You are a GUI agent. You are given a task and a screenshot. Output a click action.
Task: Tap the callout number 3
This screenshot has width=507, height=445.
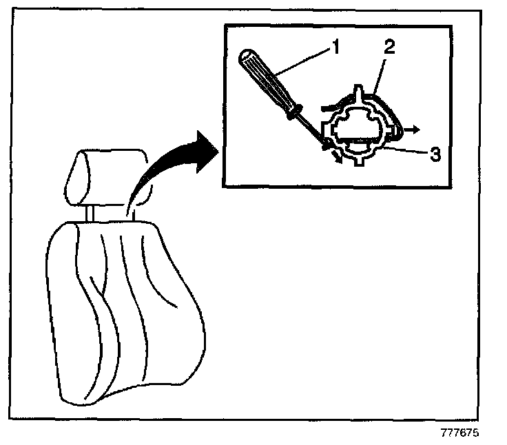click(x=434, y=154)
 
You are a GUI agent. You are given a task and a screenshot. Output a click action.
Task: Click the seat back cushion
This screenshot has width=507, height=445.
click(x=124, y=310)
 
